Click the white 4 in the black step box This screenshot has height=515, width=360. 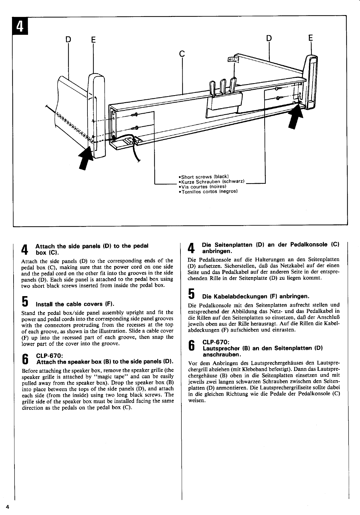point(20,28)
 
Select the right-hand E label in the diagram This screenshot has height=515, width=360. point(310,38)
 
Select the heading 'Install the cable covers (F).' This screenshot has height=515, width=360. point(75,304)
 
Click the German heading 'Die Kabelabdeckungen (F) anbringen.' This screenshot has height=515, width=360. point(255,296)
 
